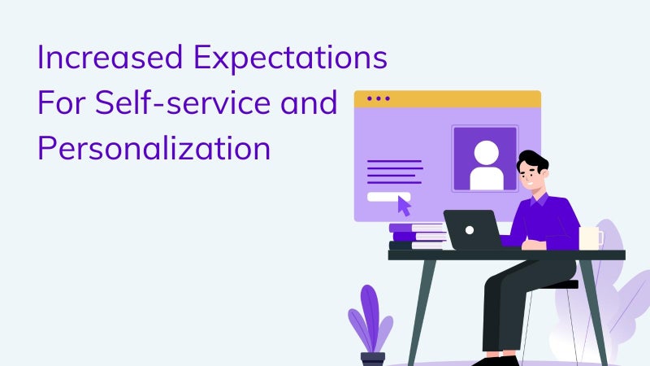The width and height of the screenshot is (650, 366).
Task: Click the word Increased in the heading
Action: coord(110,57)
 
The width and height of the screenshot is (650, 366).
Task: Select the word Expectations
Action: coord(291,59)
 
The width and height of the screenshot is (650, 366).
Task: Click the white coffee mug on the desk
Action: coord(591,238)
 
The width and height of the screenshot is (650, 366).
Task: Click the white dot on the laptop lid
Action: coord(470,230)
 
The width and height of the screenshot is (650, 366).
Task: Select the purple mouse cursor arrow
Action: coord(404,206)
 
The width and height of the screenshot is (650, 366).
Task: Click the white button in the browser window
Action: coord(388,197)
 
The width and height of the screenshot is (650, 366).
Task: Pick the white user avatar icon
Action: coord(486,166)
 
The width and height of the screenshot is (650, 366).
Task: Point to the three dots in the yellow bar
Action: coord(378,98)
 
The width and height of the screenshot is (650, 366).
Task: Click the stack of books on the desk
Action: coord(418,237)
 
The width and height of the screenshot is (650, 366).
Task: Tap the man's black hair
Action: coord(533,161)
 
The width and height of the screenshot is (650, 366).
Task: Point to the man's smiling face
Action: coord(531,176)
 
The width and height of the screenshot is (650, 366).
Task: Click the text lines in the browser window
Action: coord(395,172)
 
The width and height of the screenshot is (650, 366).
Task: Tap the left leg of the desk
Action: coord(422,313)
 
